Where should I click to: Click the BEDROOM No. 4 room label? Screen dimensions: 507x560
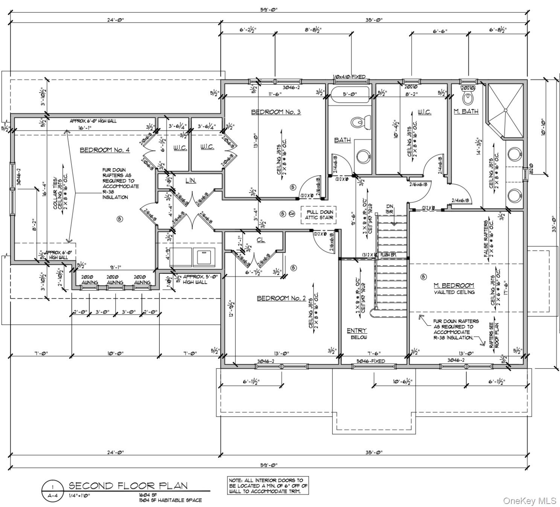click(x=105, y=150)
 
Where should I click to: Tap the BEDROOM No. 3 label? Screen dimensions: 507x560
click(x=276, y=112)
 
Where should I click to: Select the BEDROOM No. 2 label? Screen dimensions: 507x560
click(x=281, y=298)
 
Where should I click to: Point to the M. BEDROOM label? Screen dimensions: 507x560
click(x=454, y=285)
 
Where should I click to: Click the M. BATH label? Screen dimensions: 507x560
click(x=466, y=111)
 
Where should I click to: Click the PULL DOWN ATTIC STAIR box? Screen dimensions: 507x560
click(x=319, y=215)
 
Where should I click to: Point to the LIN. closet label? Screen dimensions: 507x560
click(x=191, y=181)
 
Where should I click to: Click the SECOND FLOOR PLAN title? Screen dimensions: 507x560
click(x=128, y=486)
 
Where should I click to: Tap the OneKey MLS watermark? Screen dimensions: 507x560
click(x=530, y=501)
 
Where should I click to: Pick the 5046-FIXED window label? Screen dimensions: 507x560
click(x=371, y=361)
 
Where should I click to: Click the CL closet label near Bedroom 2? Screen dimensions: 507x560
click(x=260, y=240)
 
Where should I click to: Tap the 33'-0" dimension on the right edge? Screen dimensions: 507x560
click(x=554, y=225)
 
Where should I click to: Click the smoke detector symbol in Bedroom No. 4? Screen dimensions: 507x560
click(x=120, y=219)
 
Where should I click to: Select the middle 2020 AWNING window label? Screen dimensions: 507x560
click(x=115, y=280)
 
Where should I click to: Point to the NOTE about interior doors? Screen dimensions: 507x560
click(x=268, y=486)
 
